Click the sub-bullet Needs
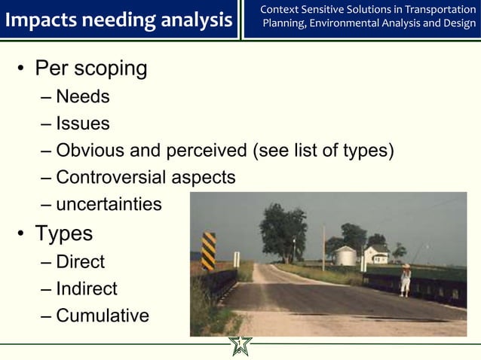83,96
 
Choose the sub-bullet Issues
83,124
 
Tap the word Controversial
113,178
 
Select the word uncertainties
109,204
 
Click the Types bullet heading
64,233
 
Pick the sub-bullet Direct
81,262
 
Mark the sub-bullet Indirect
87,288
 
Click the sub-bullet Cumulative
103,316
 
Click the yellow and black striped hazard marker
209,251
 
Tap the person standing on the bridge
406,279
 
